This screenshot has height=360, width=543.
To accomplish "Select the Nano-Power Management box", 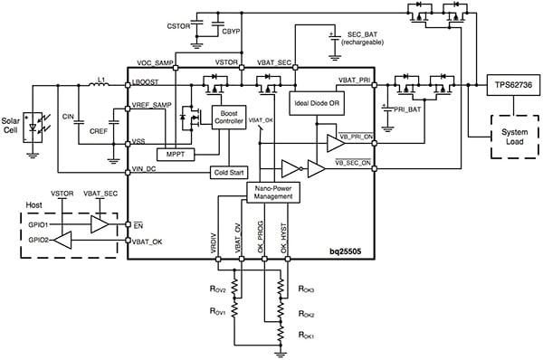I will (x=273, y=191).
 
